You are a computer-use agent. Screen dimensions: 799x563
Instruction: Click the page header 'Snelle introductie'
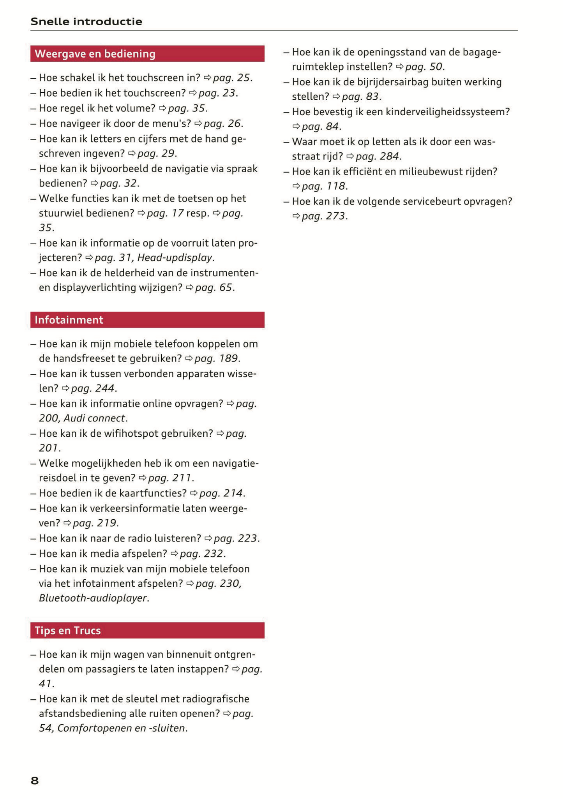[86, 21]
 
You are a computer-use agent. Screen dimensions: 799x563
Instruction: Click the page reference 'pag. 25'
[232, 78]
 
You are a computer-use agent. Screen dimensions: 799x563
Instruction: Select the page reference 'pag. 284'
[378, 157]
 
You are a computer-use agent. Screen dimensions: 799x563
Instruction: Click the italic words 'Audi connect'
[95, 418]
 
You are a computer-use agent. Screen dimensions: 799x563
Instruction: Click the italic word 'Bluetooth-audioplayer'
[93, 598]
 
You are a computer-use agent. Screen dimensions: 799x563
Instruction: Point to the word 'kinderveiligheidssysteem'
[447, 112]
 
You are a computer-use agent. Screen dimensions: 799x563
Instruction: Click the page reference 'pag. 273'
[324, 216]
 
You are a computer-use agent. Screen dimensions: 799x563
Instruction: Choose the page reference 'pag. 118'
[324, 186]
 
